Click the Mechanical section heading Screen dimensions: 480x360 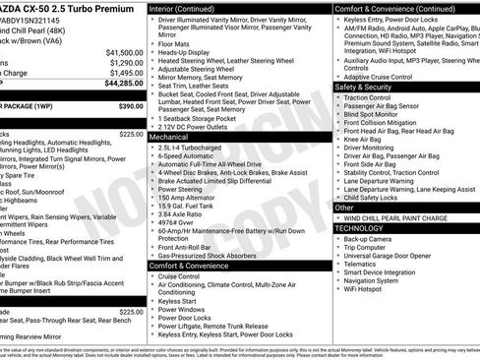click(169, 138)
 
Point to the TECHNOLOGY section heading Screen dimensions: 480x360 click(359, 227)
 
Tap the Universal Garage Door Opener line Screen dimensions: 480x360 click(393, 256)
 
